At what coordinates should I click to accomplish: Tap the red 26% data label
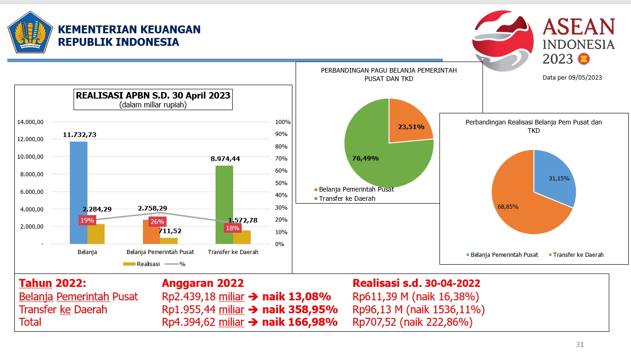point(157,222)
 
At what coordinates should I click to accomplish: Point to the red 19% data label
point(87,220)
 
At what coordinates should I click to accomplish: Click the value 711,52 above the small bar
point(170,231)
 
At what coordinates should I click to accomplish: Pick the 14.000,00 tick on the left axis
point(31,122)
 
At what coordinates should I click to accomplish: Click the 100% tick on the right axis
point(283,122)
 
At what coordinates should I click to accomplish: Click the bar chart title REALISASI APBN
point(153,96)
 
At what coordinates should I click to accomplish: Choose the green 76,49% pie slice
point(370,157)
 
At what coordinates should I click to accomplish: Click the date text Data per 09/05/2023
point(572,78)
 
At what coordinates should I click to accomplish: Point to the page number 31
point(580,344)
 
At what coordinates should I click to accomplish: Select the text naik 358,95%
point(300,310)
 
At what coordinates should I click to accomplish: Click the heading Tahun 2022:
point(52,283)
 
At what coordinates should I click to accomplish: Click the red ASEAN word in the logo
point(579,28)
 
